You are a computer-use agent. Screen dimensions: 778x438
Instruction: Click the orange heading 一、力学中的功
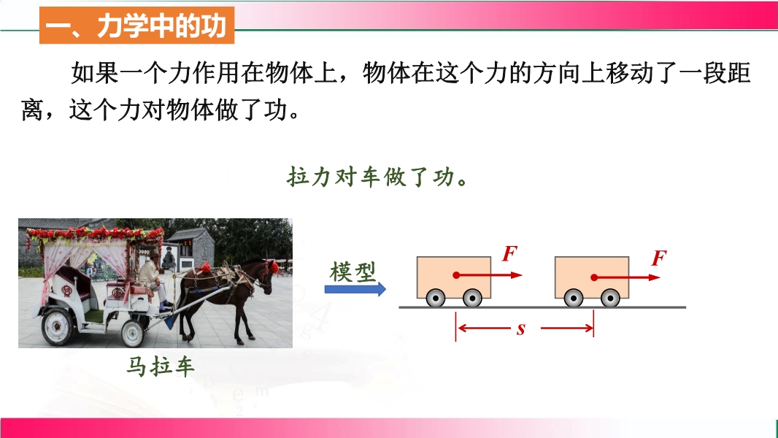pos(136,26)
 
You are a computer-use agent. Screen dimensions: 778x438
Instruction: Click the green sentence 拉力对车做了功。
pos(377,177)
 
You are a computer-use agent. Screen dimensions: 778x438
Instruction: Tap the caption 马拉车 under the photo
pos(161,366)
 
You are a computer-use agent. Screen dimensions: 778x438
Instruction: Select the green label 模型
pos(353,272)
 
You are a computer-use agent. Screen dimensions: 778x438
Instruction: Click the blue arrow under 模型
pos(355,288)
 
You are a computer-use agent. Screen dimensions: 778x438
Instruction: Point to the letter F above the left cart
pos(509,253)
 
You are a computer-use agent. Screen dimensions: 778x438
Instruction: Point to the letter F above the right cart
pos(659,258)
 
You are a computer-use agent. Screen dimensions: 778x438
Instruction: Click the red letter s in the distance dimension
pos(520,329)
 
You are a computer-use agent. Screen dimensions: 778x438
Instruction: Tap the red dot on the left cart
pos(456,275)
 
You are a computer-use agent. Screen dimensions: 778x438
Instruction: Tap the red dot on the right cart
pos(594,277)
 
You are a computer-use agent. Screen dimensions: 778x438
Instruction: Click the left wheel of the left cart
pos(436,298)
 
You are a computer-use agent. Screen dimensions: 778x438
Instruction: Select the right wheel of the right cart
pos(610,298)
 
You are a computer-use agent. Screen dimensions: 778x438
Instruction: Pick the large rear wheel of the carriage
pos(58,326)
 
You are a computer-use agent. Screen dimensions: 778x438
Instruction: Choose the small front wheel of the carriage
pos(133,334)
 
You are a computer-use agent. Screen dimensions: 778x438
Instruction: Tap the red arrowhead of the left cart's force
pos(517,275)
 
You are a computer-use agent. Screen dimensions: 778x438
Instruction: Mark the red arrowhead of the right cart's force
pos(655,277)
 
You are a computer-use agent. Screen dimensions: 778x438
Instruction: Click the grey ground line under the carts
pos(542,307)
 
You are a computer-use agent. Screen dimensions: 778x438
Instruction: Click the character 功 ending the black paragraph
pos(276,109)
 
